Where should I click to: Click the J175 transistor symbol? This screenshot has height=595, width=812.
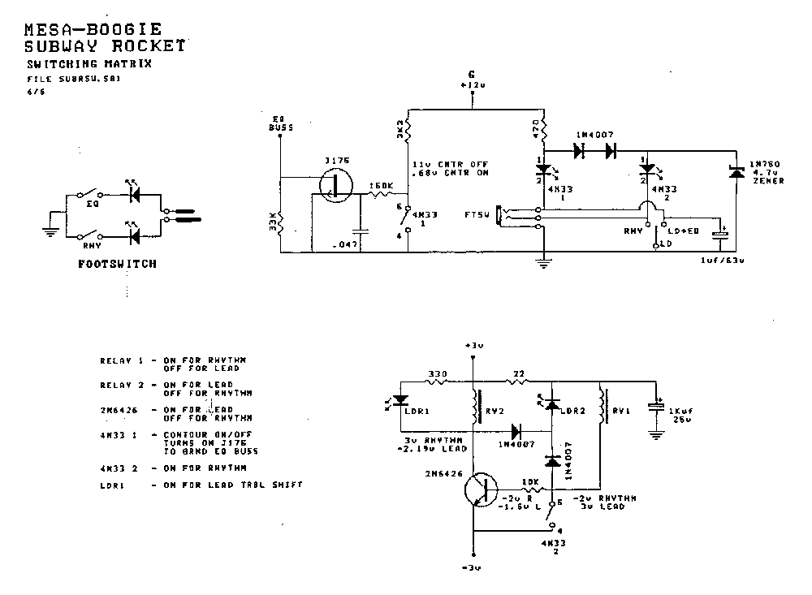pos(334,186)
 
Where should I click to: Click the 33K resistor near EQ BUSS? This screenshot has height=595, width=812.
pos(279,221)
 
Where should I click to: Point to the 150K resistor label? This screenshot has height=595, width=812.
pos(381,185)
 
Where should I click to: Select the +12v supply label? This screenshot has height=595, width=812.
pos(472,84)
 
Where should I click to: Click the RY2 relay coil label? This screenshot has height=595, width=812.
pos(493,411)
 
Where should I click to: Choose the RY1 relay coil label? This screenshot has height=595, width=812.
pos(621,411)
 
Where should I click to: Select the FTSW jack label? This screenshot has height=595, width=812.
pos(477,216)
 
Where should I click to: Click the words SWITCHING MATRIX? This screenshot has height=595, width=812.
pos(89,63)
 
